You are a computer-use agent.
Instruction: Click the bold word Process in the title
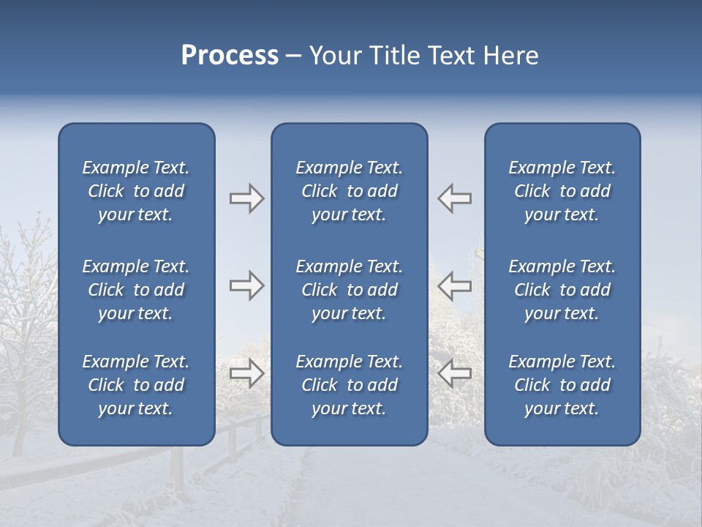click(x=230, y=56)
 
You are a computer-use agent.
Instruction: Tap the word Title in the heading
click(x=398, y=56)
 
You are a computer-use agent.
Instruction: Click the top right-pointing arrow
click(x=246, y=198)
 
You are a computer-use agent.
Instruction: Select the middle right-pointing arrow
click(x=246, y=285)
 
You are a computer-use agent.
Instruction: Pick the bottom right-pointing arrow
click(x=246, y=373)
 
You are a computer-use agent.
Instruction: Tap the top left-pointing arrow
click(x=455, y=198)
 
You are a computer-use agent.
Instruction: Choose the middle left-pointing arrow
click(x=455, y=285)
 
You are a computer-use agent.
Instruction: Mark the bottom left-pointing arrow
click(x=455, y=373)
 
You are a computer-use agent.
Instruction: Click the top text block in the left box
click(x=136, y=191)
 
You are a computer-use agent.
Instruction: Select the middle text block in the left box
click(x=136, y=290)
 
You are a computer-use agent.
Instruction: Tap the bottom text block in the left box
click(x=136, y=385)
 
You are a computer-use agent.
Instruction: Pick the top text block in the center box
click(x=349, y=191)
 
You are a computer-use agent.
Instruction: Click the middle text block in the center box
click(x=349, y=290)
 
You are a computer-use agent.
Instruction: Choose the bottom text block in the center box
click(x=349, y=385)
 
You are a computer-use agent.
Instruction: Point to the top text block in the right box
click(x=562, y=191)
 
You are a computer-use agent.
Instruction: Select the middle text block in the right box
click(x=562, y=290)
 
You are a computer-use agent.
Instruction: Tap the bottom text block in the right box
click(x=562, y=385)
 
